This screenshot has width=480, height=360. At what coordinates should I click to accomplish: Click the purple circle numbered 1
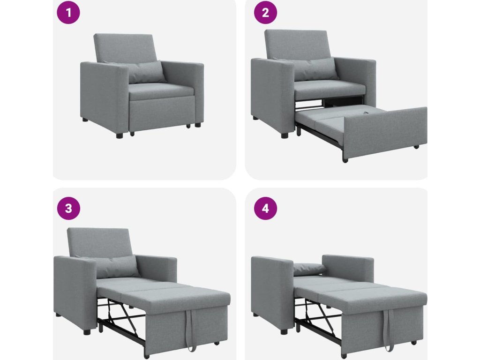point(68,13)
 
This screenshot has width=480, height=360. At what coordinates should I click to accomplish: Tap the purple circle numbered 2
point(265,13)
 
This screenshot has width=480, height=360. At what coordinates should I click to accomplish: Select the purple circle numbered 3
point(68,208)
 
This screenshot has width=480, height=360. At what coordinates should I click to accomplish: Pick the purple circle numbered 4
point(265,208)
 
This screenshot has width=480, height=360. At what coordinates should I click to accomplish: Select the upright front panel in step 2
point(385,133)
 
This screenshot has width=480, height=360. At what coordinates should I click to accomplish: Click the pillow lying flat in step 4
point(310,269)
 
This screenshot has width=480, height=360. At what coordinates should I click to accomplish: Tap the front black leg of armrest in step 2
point(285,135)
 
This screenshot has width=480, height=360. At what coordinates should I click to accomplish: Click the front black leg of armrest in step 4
point(285,331)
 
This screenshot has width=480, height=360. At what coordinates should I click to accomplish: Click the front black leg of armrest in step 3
point(87,331)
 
